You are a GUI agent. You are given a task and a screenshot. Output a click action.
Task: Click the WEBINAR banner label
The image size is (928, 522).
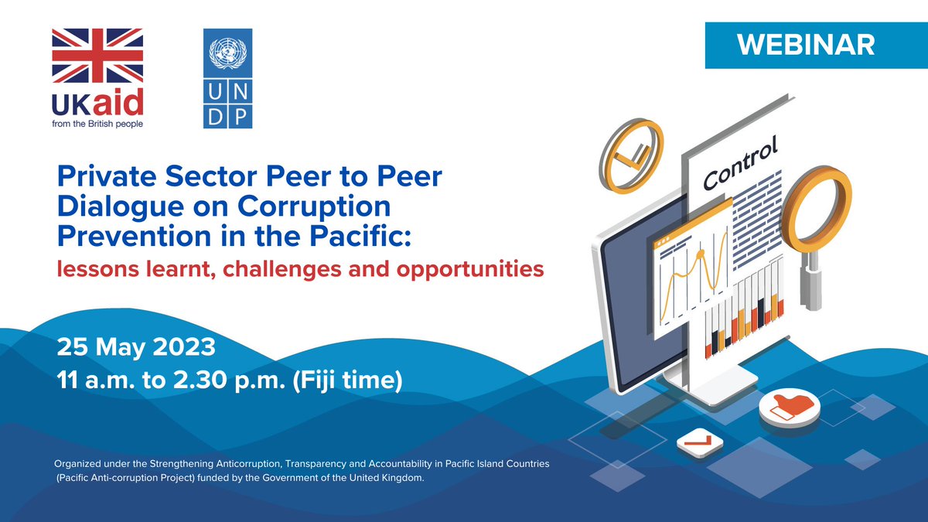click(806, 45)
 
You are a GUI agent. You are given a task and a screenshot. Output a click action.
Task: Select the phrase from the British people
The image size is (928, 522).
click(98, 123)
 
